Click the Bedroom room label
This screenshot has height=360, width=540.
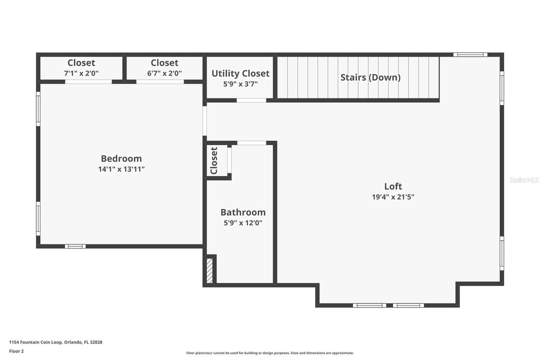121,159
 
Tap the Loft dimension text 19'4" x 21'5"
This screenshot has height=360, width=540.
393,197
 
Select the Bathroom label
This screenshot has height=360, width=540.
243,212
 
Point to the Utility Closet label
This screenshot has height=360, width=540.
240,73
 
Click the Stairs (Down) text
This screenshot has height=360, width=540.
370,78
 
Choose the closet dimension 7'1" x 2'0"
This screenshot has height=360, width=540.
81,73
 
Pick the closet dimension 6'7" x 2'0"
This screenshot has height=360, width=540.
164,73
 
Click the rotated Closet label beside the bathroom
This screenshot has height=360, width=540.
214,160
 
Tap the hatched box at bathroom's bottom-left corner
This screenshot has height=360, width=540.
210,271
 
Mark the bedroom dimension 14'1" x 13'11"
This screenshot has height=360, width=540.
121,169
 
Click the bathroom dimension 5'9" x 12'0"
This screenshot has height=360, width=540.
243,223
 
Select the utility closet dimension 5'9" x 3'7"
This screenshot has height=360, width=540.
240,84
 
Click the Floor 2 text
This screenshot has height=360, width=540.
16,351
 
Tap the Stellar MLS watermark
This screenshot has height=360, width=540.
524,180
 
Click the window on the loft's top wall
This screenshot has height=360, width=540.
470,54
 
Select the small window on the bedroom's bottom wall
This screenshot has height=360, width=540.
75,246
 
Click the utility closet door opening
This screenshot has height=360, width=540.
251,100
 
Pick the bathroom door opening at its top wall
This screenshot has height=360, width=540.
251,143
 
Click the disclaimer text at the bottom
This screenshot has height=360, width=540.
270,353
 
